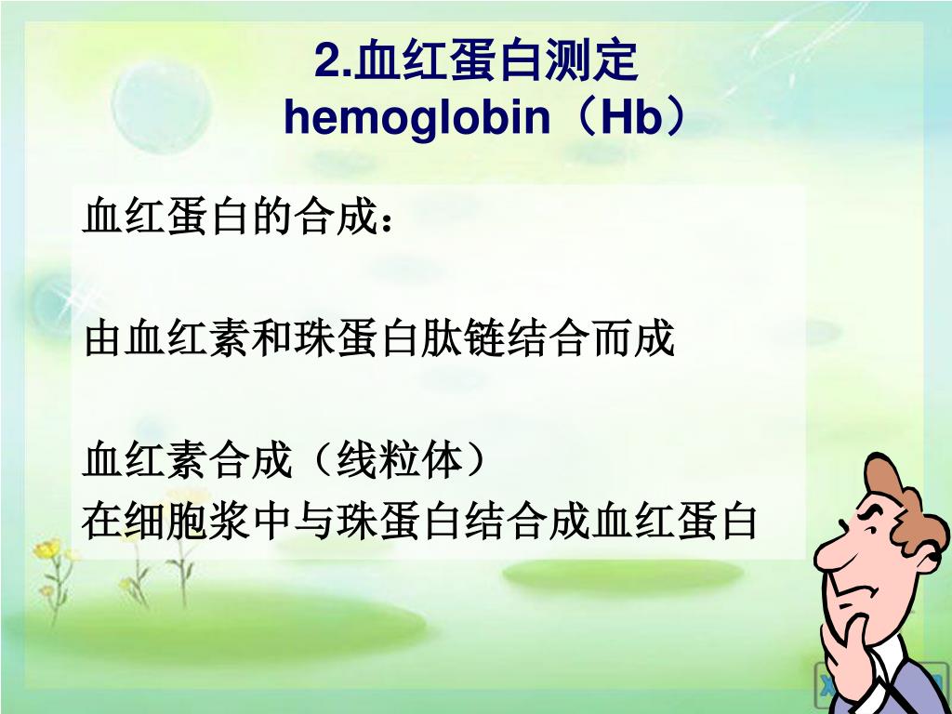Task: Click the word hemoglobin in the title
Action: coord(417,117)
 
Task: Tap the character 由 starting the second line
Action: coord(102,338)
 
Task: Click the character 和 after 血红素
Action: coord(271,338)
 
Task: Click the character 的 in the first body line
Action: coord(272,216)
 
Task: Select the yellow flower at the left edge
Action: coord(47,549)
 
